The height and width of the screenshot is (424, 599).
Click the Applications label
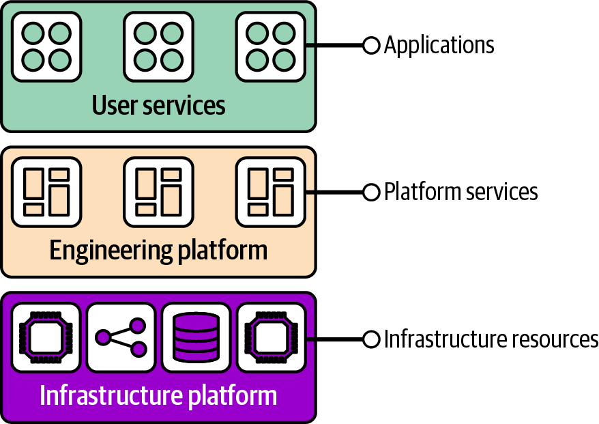tap(439, 46)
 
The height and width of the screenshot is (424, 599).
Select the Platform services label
tap(461, 192)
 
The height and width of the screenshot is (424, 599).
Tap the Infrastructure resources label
tap(491, 339)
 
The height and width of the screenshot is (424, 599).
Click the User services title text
tap(158, 106)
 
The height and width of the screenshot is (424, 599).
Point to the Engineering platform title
tap(158, 251)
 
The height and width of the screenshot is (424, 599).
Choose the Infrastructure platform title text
tap(158, 396)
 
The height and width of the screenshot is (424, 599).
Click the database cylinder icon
tap(195, 337)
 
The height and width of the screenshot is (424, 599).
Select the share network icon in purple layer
tap(121, 337)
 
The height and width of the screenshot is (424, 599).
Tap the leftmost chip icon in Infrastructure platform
tap(46, 337)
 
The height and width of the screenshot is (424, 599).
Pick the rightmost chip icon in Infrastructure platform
tap(270, 337)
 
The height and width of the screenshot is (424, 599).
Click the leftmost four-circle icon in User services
tap(46, 46)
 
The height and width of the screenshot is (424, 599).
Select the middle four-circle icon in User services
tap(158, 46)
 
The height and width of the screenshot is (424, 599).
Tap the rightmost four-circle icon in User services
tap(270, 46)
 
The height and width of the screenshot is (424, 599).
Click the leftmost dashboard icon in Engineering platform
tap(46, 192)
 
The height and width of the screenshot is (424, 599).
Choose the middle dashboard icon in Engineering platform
tap(158, 192)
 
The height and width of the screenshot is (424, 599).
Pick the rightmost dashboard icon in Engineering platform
tap(270, 192)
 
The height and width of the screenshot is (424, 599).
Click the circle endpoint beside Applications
tap(371, 46)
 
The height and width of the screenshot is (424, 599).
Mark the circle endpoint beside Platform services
tap(371, 192)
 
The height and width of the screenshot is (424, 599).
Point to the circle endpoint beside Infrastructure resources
tap(371, 339)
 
